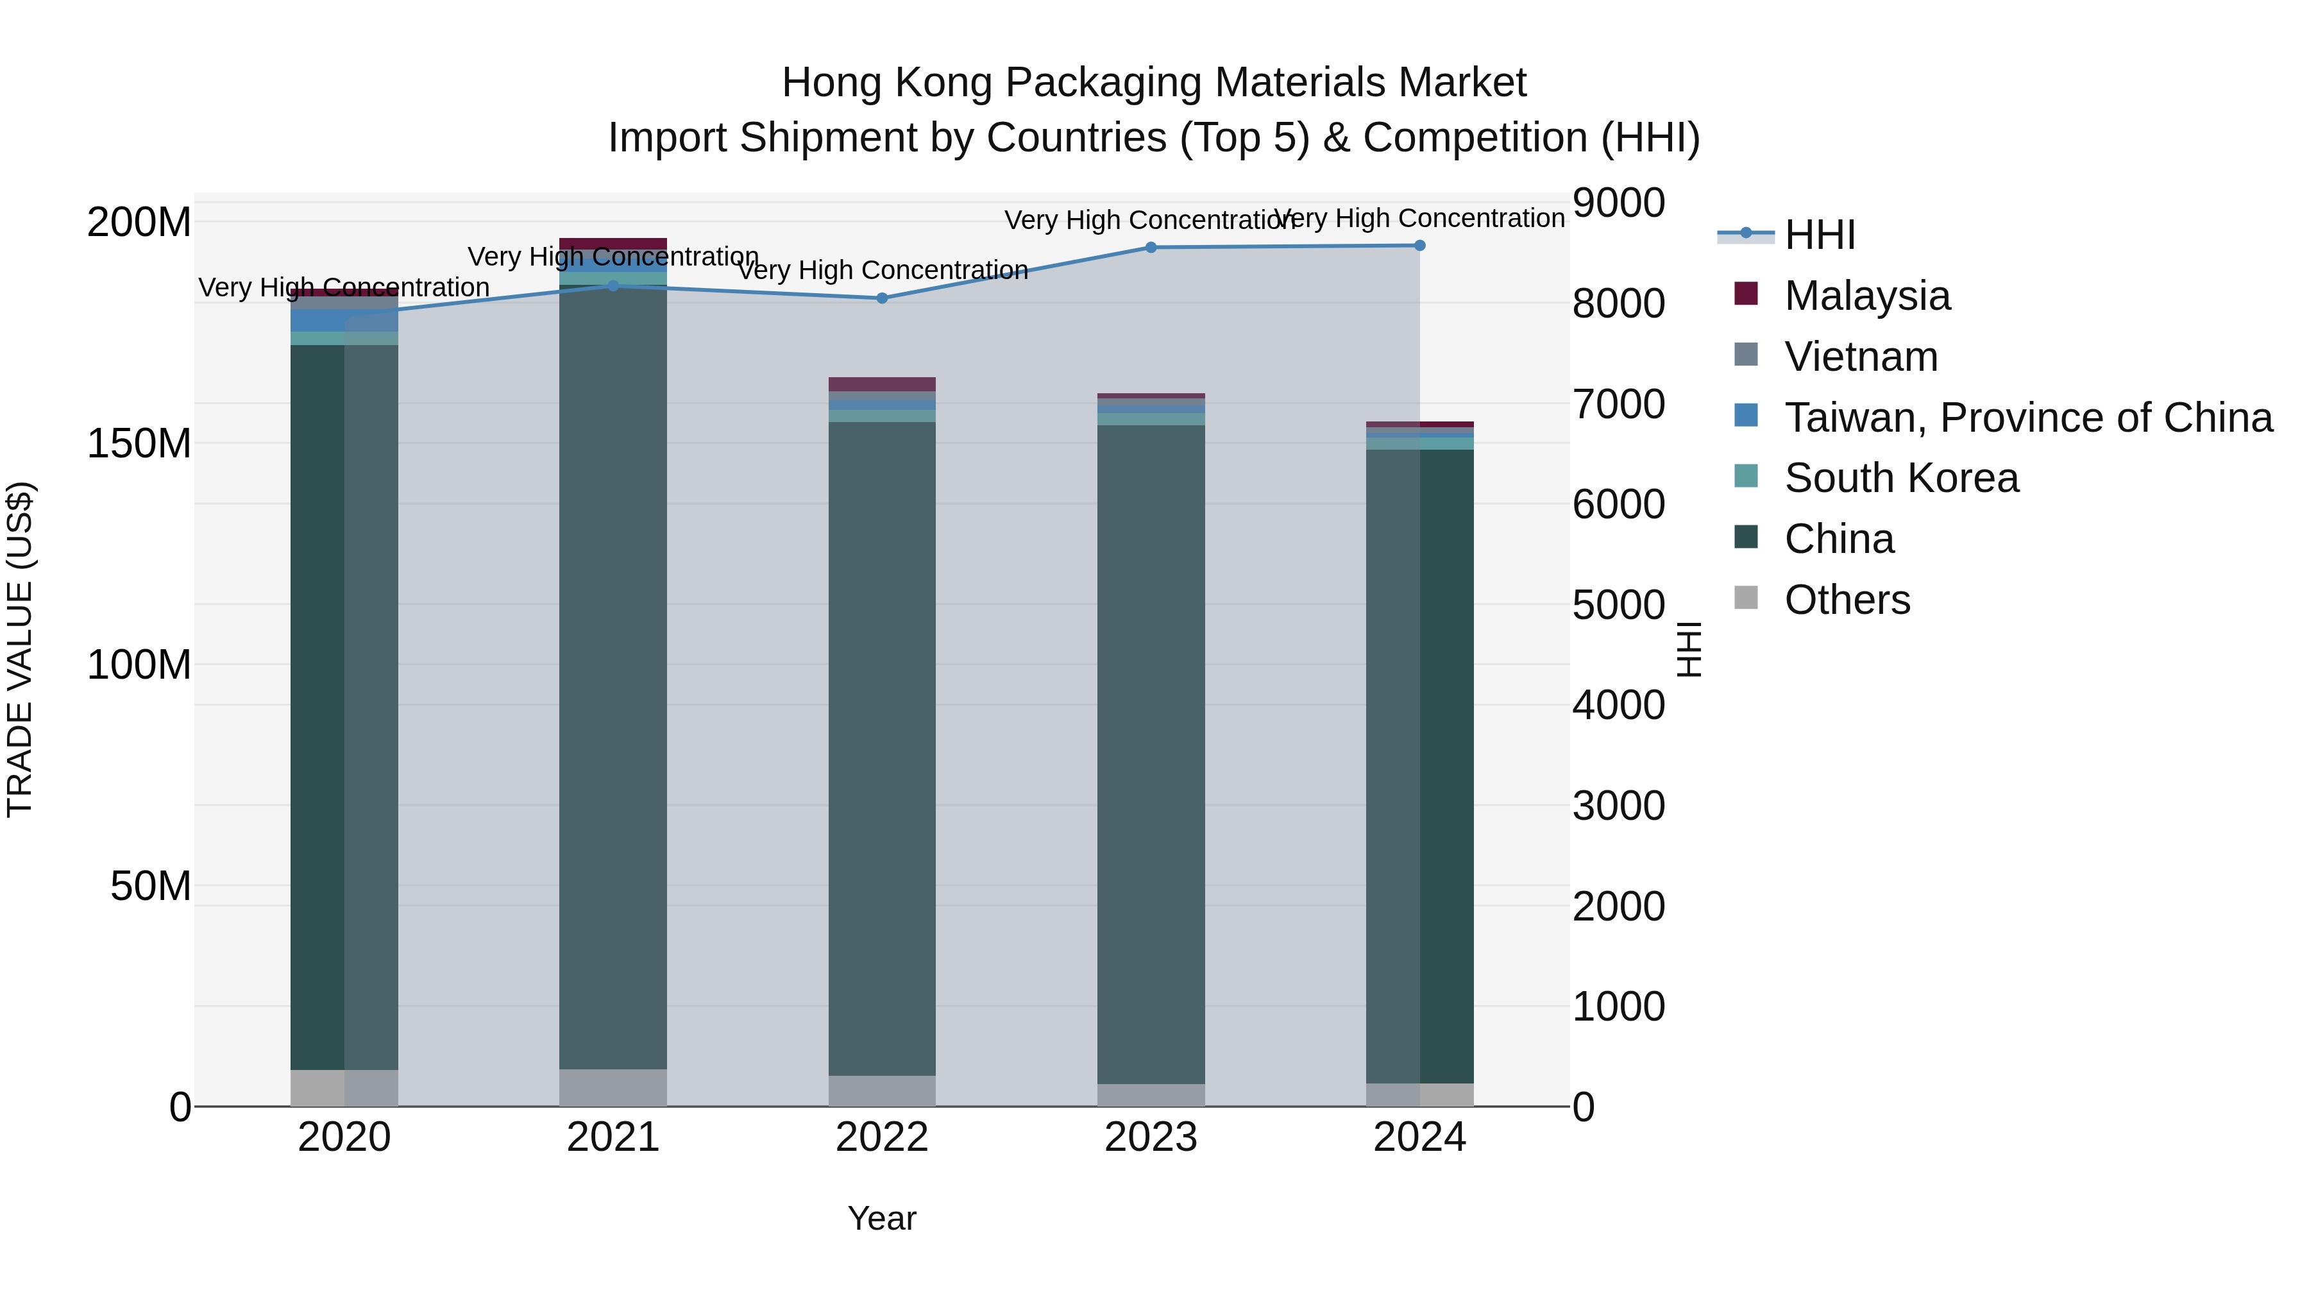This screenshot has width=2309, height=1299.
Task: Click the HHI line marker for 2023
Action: click(x=1151, y=248)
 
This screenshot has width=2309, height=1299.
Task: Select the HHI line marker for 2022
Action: click(x=882, y=298)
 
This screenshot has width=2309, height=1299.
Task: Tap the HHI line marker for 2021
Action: click(x=613, y=286)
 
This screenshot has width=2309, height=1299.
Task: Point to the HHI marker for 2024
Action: click(x=1420, y=246)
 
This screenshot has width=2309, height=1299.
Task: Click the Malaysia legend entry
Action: click(x=1866, y=296)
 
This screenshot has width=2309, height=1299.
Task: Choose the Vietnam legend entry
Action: click(x=1861, y=357)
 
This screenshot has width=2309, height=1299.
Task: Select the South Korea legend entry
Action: click(x=1900, y=478)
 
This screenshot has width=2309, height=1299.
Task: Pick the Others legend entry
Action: click(x=1847, y=600)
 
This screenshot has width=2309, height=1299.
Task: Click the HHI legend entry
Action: click(x=1820, y=235)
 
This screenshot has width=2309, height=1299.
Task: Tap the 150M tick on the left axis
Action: click(x=139, y=443)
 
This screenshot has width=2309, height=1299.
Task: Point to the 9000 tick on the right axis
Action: click(x=1619, y=203)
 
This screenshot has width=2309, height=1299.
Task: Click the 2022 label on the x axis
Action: click(x=882, y=1137)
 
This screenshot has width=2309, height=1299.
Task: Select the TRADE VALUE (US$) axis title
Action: click(x=20, y=649)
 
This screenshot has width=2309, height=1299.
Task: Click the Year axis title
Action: click(x=882, y=1218)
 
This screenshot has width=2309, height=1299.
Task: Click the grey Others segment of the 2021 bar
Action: click(x=613, y=1087)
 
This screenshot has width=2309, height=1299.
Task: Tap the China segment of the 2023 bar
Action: click(x=1151, y=753)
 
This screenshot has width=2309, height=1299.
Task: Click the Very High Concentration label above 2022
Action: click(x=882, y=270)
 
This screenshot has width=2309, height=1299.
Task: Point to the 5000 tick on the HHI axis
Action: click(x=1619, y=604)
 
